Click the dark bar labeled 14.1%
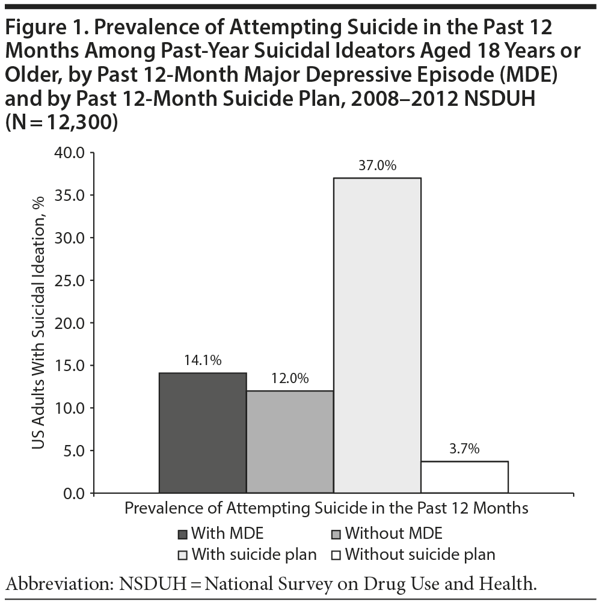pyautogui.click(x=203, y=433)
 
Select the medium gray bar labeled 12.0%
pyautogui.click(x=290, y=442)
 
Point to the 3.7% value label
pyautogui.click(x=464, y=449)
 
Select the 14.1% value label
pyautogui.click(x=203, y=361)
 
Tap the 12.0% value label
pyautogui.click(x=290, y=379)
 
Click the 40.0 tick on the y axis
pyautogui.click(x=72, y=153)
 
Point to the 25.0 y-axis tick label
pyautogui.click(x=72, y=280)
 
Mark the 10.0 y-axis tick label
pyautogui.click(x=72, y=408)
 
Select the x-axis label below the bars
pyautogui.click(x=326, y=508)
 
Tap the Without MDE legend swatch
pyautogui.click(x=337, y=534)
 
